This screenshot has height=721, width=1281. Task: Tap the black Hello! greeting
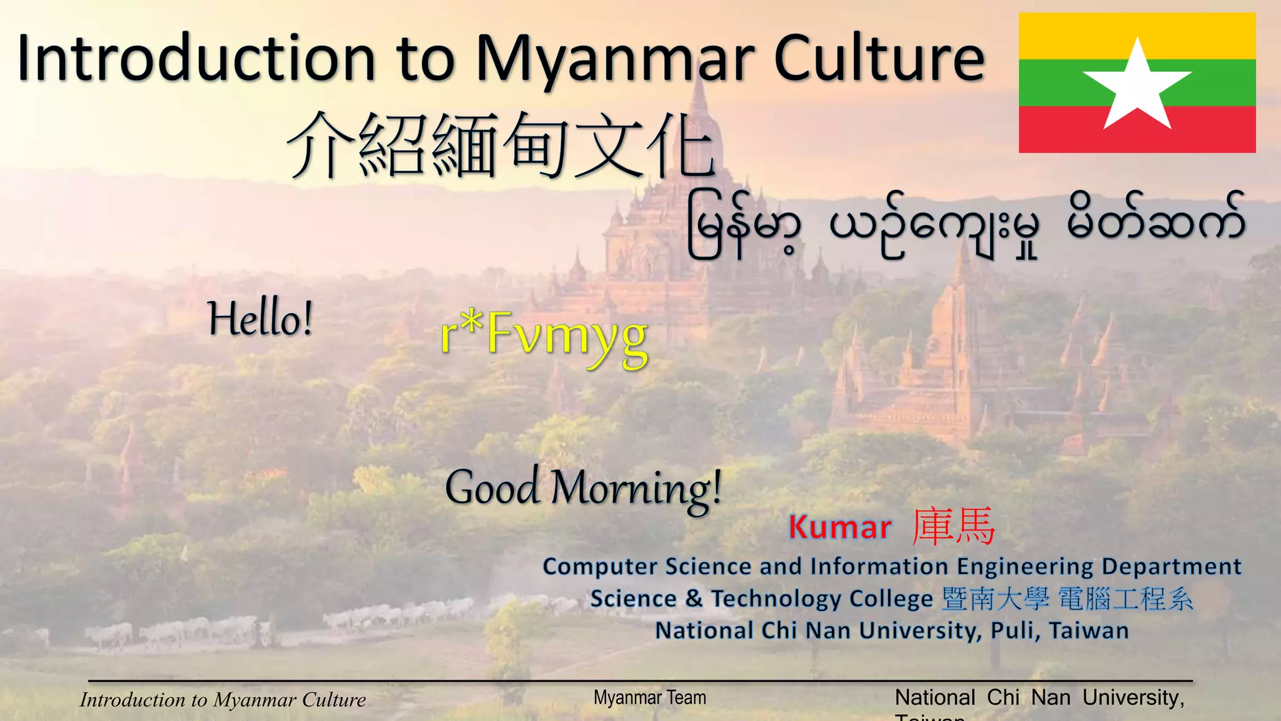260,319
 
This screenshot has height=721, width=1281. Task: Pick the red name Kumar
839,528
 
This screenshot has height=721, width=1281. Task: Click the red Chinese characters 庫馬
953,526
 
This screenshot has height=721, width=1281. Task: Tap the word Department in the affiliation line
1171,566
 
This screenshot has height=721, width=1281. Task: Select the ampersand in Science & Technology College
694,598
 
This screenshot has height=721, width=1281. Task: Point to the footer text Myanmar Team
650,697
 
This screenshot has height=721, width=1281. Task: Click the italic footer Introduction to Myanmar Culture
223,700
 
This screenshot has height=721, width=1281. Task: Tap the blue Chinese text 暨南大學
995,599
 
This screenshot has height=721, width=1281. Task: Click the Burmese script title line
966,225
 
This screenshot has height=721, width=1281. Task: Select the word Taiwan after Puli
1089,631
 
